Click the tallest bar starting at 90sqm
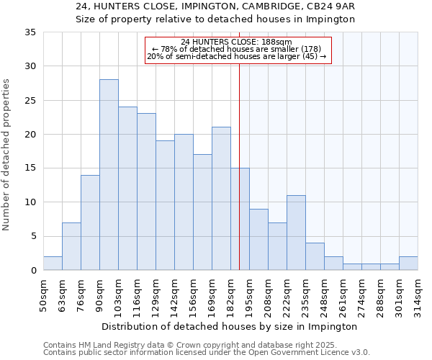tap(109, 175)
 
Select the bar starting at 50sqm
tap(53, 264)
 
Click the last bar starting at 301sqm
tap(408, 264)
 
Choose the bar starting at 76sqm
tap(90, 222)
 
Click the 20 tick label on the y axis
tap(31, 135)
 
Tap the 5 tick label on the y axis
tap(33, 237)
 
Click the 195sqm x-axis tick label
tap(249, 297)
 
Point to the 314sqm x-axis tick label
tap(418, 297)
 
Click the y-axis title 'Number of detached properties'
tap(7, 155)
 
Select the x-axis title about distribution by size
tap(230, 326)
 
